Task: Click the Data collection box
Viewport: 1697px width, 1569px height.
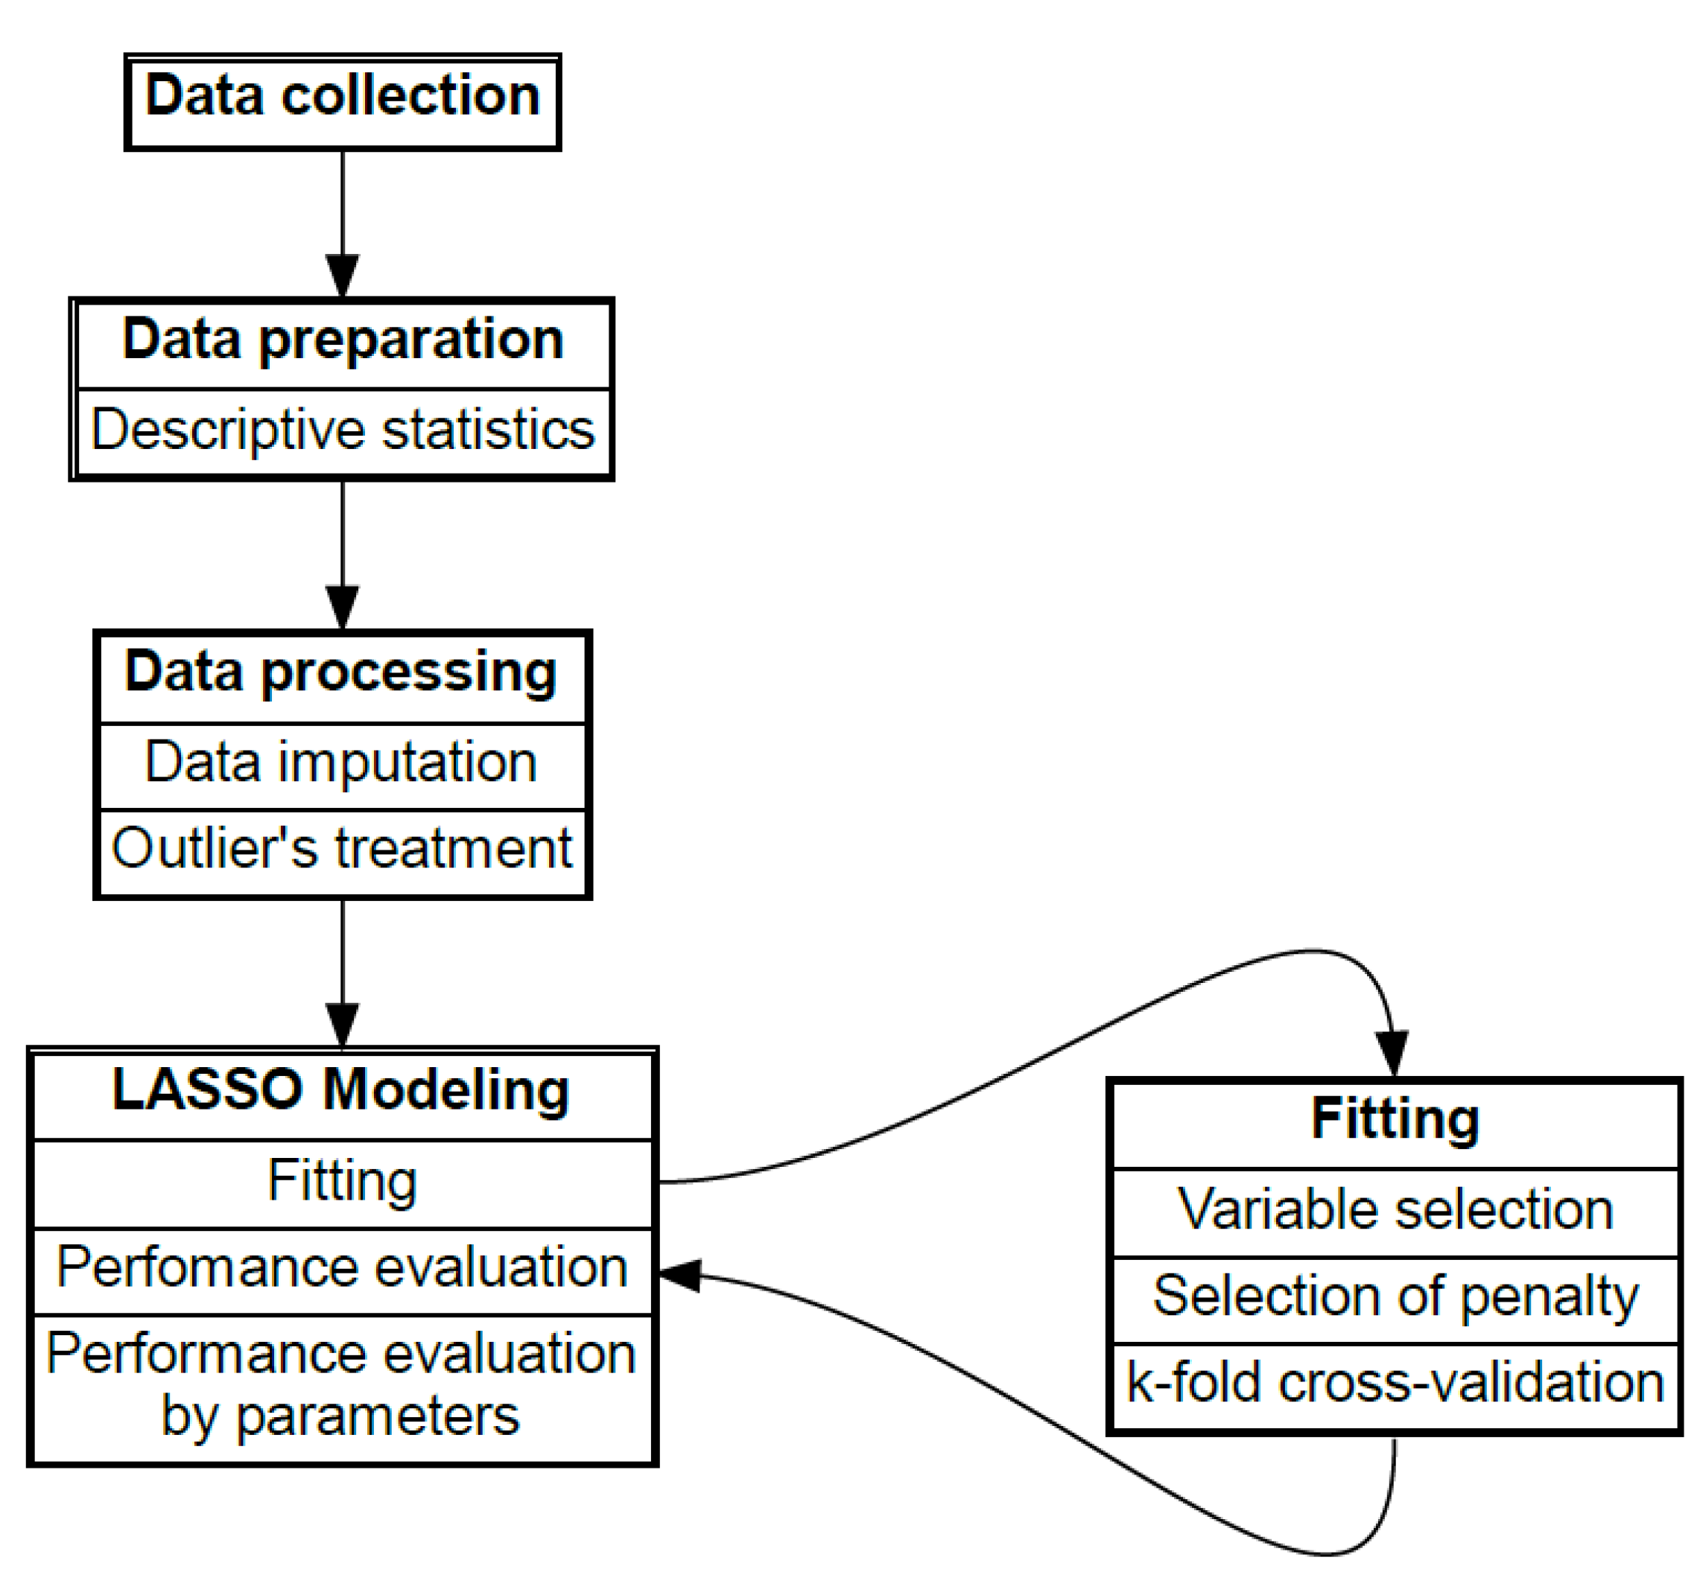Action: (x=342, y=102)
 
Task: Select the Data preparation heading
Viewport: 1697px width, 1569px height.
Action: (x=342, y=340)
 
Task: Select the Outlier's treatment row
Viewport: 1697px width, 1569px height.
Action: (x=341, y=848)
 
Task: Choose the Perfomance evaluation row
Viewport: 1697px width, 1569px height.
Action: (x=341, y=1267)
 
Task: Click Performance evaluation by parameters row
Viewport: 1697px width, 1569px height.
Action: (x=341, y=1384)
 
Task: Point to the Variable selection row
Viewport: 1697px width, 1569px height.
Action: (x=1394, y=1209)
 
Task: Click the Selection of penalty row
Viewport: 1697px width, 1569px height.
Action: (x=1394, y=1296)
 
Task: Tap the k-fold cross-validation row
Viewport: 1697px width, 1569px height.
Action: (x=1394, y=1383)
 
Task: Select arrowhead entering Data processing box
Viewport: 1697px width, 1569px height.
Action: (x=342, y=607)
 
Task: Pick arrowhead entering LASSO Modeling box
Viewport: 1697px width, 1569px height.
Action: (x=342, y=1025)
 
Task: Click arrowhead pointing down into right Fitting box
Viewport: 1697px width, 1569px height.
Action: (x=1392, y=1053)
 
